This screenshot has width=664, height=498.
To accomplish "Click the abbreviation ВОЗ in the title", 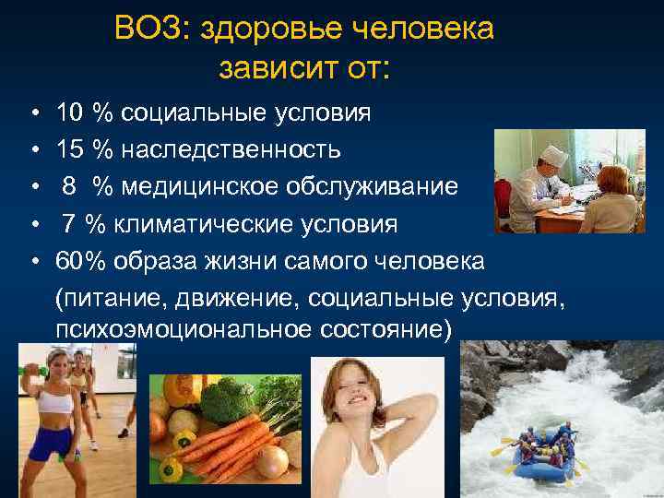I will (x=146, y=29).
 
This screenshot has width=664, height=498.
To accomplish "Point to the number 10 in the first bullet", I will (x=69, y=113).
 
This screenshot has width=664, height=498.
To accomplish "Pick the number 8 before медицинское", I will (x=69, y=187).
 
